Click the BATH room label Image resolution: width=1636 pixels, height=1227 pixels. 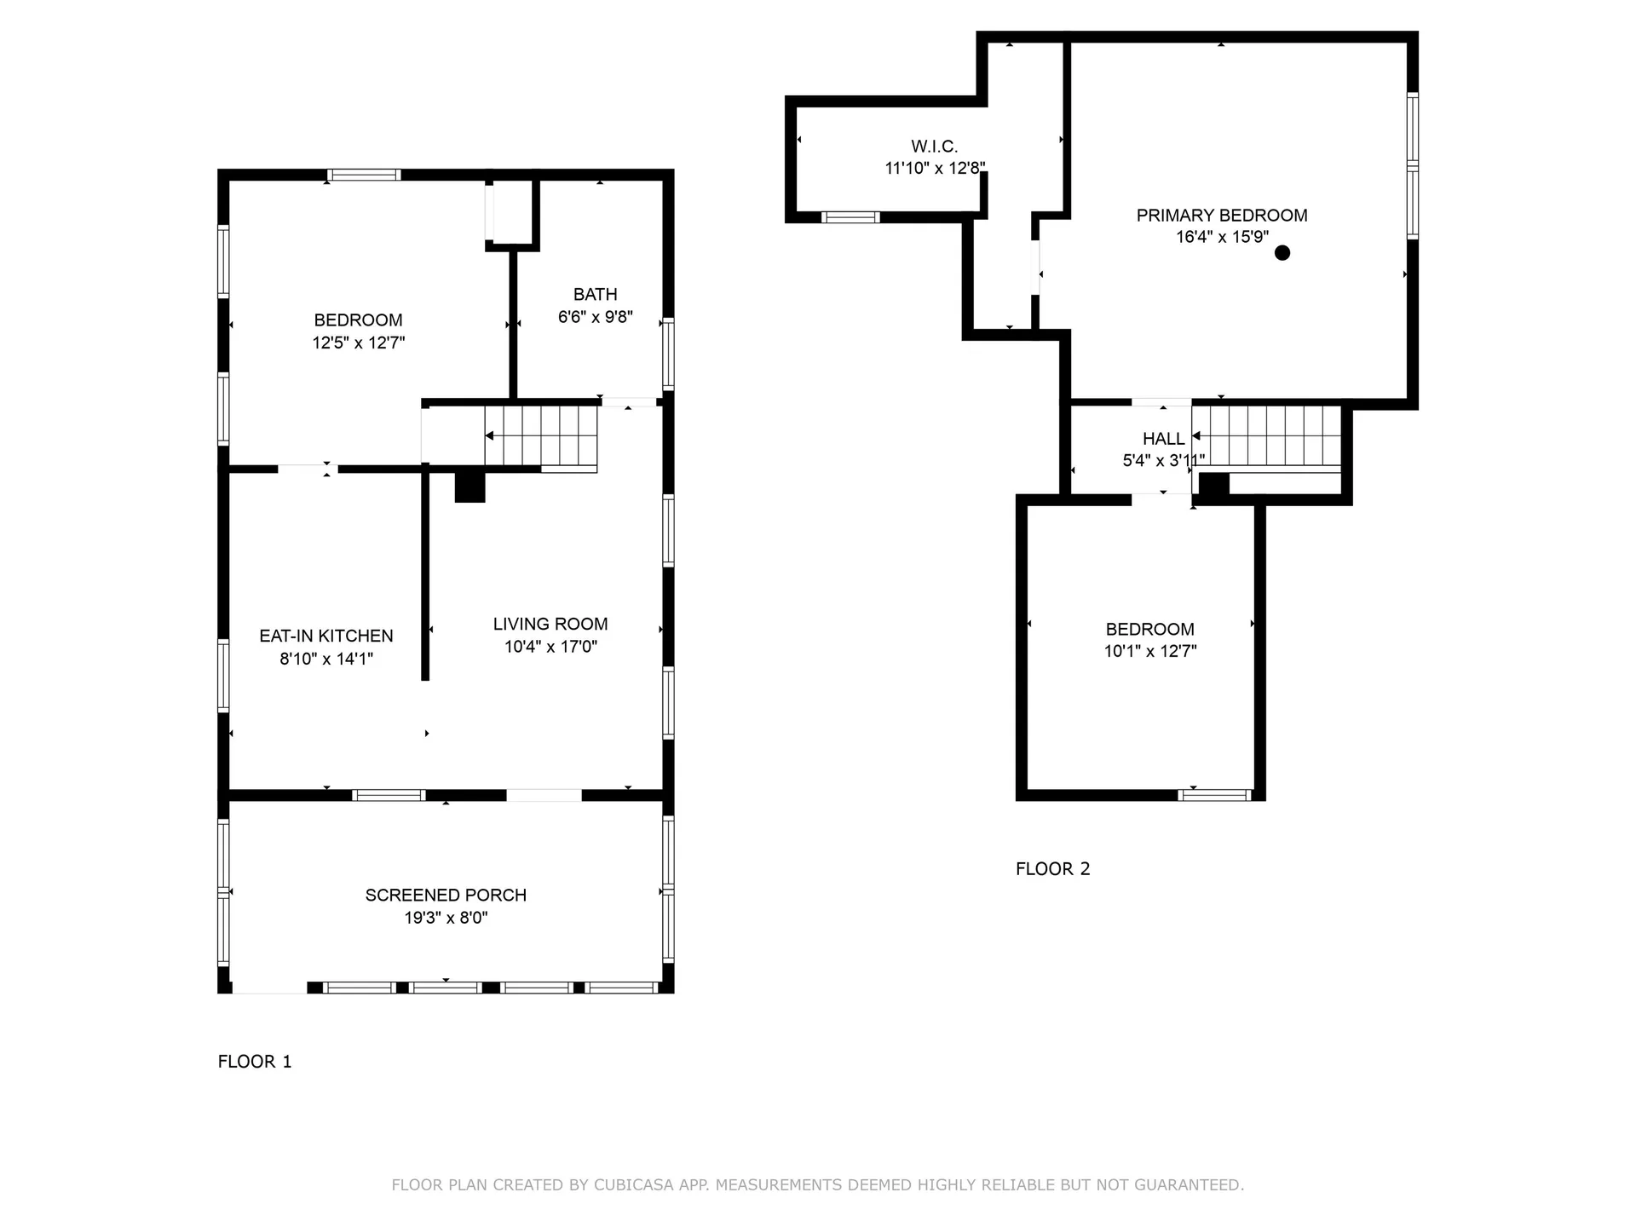click(595, 295)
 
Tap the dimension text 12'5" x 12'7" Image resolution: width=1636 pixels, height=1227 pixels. click(358, 343)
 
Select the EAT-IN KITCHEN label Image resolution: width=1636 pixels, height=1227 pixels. click(326, 636)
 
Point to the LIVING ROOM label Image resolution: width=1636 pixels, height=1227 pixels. click(550, 624)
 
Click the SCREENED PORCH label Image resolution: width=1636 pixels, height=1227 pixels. click(446, 895)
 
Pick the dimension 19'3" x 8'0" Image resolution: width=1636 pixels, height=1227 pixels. click(446, 918)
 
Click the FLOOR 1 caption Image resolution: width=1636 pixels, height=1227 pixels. click(255, 1062)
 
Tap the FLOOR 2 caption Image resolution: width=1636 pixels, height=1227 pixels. click(1052, 869)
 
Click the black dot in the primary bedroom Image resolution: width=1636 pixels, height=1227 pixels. click(1282, 253)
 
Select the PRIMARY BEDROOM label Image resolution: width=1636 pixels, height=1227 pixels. click(1221, 216)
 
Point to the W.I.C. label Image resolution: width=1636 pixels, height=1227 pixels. click(934, 147)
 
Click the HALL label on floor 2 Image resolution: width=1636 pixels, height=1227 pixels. click(1163, 439)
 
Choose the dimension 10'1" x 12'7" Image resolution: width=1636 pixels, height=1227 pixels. click(1150, 652)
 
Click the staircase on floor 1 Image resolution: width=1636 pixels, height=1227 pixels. click(540, 435)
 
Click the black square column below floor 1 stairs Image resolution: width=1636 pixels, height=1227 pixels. click(469, 487)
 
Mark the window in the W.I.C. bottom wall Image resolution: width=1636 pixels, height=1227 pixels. click(850, 217)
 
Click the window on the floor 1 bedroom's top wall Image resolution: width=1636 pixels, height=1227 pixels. click(364, 176)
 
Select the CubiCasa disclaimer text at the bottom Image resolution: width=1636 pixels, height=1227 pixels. click(817, 1184)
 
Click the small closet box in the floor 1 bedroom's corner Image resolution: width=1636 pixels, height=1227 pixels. click(512, 211)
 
